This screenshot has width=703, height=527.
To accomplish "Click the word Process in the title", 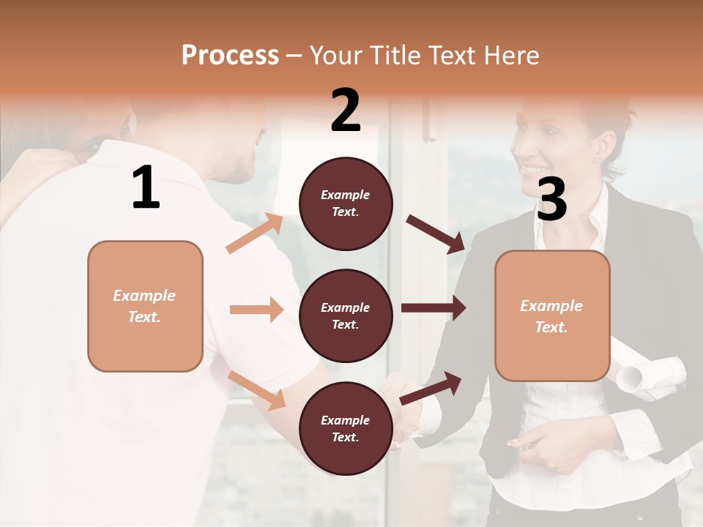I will coord(230,56).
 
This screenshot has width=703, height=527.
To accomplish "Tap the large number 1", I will coord(146,188).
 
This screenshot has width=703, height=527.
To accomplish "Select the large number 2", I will coord(346,111).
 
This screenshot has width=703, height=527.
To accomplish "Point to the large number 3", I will coord(551,199).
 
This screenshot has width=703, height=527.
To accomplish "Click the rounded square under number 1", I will coord(145,306).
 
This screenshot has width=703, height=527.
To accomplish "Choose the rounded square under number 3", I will coord(552,316).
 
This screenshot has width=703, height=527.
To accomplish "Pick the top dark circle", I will coord(346,203).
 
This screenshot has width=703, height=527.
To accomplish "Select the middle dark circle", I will coord(346,316).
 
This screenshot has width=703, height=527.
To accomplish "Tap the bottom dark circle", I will coord(346,429).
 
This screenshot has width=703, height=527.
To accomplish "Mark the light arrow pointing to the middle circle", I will coord(256,310).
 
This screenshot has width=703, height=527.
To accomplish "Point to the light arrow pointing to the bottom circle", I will coord(256,390).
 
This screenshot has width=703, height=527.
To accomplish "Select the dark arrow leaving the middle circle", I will coord(434,307).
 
